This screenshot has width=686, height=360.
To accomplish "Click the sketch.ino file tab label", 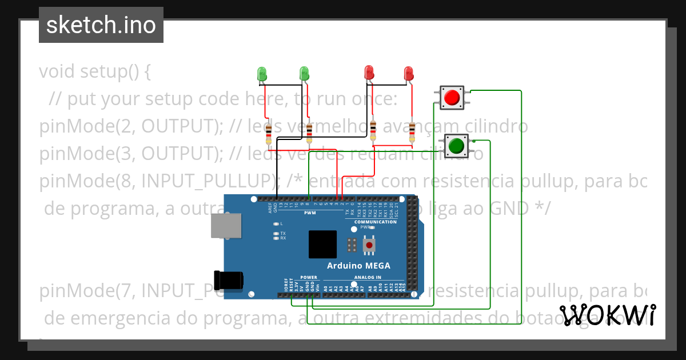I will coord(101,25).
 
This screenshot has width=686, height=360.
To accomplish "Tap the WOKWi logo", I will coord(607,315).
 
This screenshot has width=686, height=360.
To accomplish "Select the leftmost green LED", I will coord(262,73).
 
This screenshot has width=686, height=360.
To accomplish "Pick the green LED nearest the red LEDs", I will coord(304,73).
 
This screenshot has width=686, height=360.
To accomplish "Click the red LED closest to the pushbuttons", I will coord(408,73).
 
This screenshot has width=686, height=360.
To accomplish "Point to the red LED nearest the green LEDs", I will coord(369,73).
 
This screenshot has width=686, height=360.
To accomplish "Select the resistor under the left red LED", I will coord(373,130).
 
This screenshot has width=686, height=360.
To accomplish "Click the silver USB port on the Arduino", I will coord(225,226).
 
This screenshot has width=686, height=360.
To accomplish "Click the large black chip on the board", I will coord(322,245).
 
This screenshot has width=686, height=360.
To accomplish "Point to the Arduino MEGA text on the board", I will coord(358,266).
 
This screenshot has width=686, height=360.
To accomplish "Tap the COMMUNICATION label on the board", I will coord(375,222).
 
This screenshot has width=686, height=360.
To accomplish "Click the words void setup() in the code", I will coord(94,72).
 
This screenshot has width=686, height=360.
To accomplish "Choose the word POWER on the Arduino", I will coord(309,277).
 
